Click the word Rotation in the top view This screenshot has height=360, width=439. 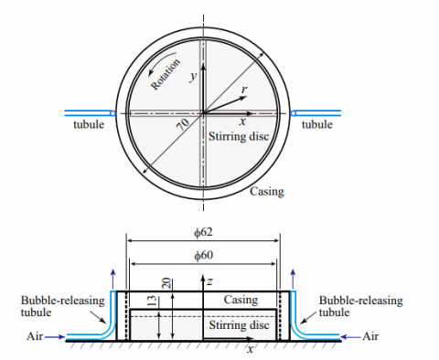click(166, 74)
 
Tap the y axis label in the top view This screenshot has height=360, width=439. click(193, 76)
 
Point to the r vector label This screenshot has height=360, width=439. click(244, 90)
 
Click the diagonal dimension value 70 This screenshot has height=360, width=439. click(183, 124)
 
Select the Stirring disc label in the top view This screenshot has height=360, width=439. click(239, 136)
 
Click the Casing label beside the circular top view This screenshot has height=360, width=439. click(267, 192)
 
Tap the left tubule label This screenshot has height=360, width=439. click(89, 124)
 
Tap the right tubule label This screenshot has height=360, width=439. click(317, 124)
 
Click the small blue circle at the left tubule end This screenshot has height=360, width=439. click(112, 113)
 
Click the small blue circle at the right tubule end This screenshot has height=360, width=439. click(294, 113)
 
